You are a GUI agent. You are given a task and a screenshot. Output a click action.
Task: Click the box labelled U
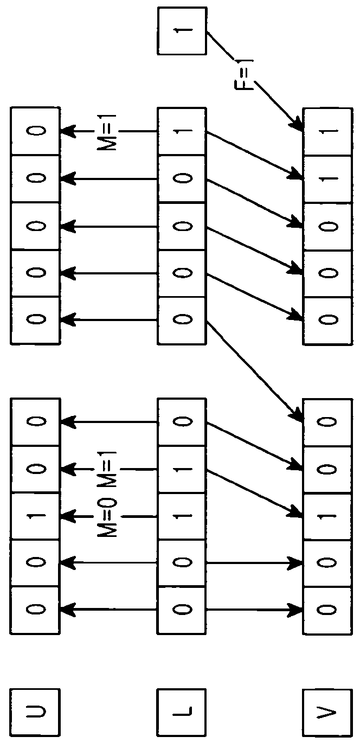[x=35, y=710]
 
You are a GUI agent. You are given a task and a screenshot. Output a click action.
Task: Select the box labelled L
[x=182, y=710]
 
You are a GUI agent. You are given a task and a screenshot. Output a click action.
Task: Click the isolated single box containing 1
[x=182, y=31]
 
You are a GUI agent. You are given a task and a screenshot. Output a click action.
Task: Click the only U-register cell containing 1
[x=35, y=516]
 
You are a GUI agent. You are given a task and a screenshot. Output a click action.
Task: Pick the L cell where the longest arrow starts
[x=182, y=320]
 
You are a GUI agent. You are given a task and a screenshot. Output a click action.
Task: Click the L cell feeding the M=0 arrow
[x=182, y=516]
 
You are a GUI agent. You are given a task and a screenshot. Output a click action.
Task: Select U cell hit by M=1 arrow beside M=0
[x=35, y=469]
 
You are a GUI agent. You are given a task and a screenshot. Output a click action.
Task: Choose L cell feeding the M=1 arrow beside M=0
[x=182, y=469]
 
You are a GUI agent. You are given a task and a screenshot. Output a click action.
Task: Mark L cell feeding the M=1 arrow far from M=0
[x=182, y=131]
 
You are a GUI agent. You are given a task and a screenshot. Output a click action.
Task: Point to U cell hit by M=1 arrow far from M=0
[x=35, y=131]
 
